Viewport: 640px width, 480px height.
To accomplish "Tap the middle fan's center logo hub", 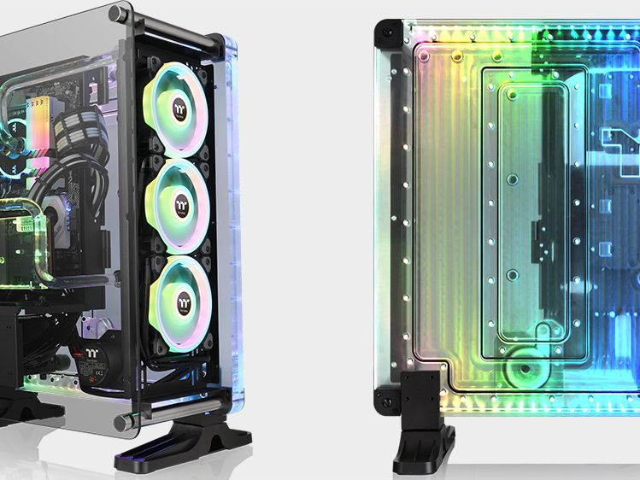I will coord(180,205).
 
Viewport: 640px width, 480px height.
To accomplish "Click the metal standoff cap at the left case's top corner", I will coord(117,13).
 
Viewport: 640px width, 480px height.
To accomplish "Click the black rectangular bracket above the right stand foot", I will coord(421,389).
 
